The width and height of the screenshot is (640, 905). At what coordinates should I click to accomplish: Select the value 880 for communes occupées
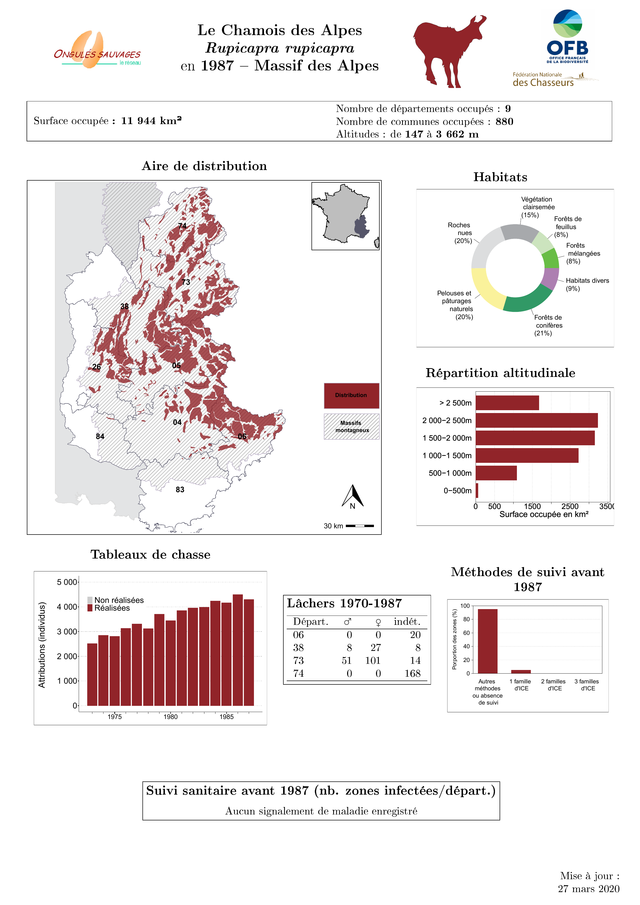point(504,122)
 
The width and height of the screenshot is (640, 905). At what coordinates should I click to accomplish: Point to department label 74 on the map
point(182,226)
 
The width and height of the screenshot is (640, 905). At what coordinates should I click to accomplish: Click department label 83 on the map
point(180,490)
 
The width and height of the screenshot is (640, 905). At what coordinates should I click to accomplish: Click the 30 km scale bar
point(360,526)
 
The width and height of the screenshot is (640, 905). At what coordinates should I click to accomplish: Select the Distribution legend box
point(351,395)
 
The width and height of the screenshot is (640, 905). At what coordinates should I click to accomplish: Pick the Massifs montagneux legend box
point(351,426)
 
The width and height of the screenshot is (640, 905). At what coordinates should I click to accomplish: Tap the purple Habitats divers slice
point(550,278)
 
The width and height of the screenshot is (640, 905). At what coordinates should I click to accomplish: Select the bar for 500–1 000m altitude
point(496,473)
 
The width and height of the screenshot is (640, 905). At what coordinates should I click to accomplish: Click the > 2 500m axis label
point(455,403)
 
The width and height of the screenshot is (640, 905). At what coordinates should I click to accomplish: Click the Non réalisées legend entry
point(116,600)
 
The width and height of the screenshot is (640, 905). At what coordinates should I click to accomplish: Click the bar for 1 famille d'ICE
point(521,671)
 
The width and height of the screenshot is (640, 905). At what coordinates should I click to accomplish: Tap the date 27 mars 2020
point(588,888)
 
